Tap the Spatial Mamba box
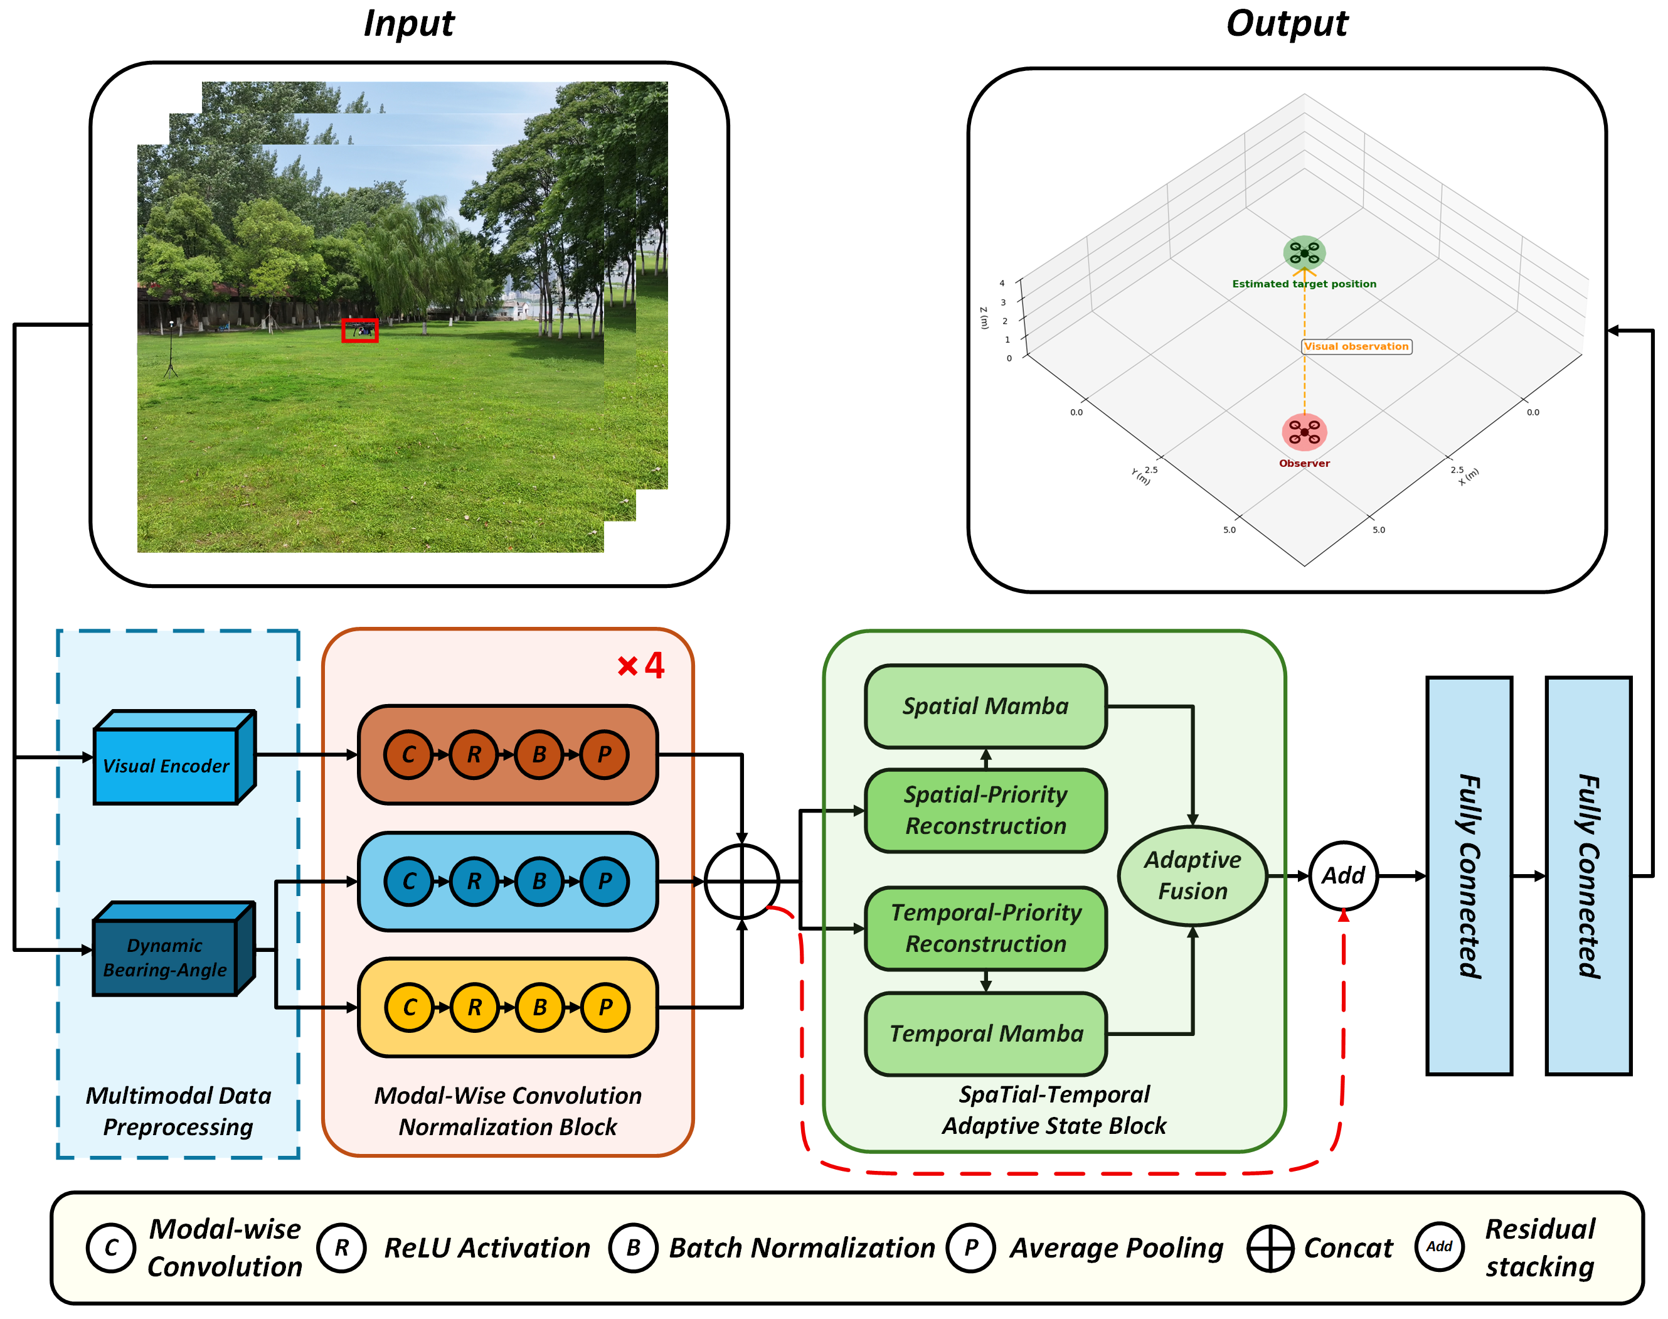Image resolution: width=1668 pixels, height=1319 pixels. [985, 707]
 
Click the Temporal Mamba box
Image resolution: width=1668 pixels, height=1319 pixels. [985, 1034]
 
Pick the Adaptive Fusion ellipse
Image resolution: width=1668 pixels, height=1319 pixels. [1193, 876]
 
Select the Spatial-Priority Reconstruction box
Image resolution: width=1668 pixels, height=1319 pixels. [985, 810]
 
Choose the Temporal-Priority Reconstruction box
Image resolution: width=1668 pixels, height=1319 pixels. [985, 928]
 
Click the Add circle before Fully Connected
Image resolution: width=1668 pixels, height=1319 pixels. [1343, 876]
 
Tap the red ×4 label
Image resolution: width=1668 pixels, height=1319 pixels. [640, 665]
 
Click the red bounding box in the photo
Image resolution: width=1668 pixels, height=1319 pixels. [359, 331]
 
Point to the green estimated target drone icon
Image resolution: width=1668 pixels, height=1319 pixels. [1304, 252]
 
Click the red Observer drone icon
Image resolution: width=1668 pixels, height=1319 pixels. [1304, 432]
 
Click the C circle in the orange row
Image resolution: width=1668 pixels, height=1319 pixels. [409, 754]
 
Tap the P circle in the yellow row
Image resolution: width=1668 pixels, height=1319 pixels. [605, 1007]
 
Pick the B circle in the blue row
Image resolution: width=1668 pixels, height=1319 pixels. [539, 881]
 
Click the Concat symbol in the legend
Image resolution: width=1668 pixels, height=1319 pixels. [1270, 1248]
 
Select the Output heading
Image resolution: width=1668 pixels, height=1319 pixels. [1287, 23]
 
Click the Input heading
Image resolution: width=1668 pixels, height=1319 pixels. [409, 23]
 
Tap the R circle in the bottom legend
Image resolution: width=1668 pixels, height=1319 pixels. [341, 1247]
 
